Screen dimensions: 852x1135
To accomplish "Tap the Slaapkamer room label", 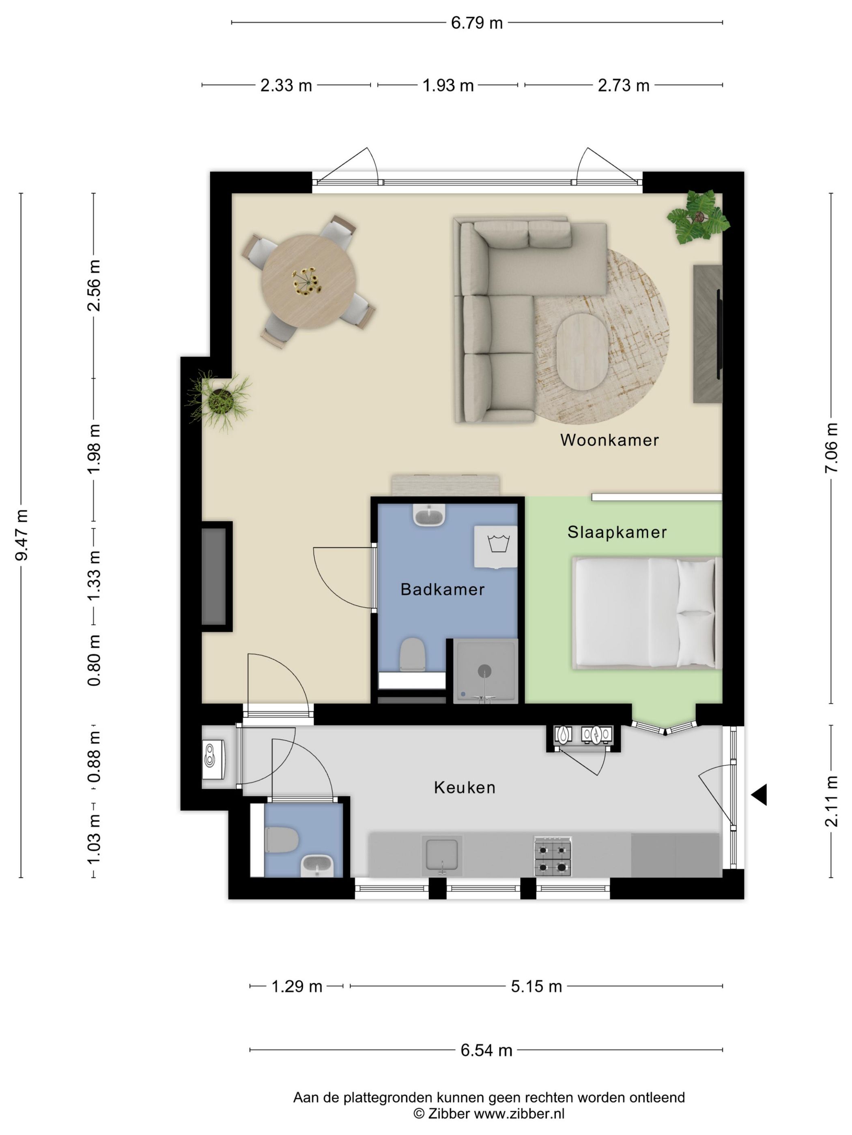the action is point(617,532).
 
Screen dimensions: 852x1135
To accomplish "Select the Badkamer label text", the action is point(442,589).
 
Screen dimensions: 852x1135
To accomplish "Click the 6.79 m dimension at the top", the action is point(477,23).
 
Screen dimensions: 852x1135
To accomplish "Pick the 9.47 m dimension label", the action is point(22,535).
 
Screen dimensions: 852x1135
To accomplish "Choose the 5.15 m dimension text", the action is point(536,986).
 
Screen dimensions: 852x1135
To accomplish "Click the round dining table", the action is point(309,282).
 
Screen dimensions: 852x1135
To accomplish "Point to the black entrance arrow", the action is point(759,795).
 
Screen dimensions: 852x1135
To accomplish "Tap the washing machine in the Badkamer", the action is point(496,546).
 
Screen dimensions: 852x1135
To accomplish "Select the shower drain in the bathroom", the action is point(484,670).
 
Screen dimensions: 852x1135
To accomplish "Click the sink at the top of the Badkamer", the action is point(428,515).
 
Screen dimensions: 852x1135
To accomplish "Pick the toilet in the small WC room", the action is point(282,839).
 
